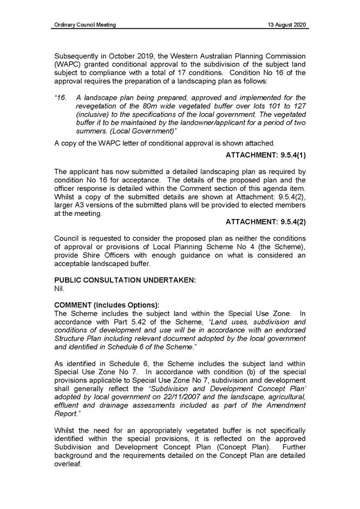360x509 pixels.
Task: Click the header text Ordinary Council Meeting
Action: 85,25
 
